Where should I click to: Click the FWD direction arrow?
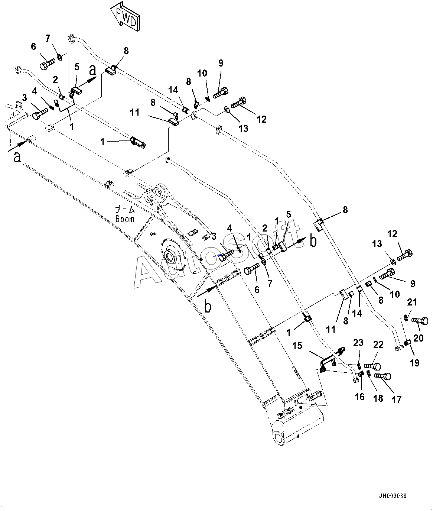[x=125, y=16]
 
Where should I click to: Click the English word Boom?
[x=125, y=219]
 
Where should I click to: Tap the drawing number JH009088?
[x=393, y=496]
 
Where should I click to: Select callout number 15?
[x=297, y=346]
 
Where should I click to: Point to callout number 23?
[x=358, y=343]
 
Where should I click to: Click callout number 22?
[x=378, y=345]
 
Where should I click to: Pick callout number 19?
[x=414, y=363]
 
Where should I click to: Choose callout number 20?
[x=419, y=338]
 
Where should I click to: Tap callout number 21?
[x=412, y=302]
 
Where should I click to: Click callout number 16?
[x=359, y=397]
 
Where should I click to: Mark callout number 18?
[x=378, y=398]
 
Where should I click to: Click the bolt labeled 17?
[x=383, y=376]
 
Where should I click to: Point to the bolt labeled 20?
[x=420, y=321]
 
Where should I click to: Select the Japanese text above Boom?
[x=125, y=210]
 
